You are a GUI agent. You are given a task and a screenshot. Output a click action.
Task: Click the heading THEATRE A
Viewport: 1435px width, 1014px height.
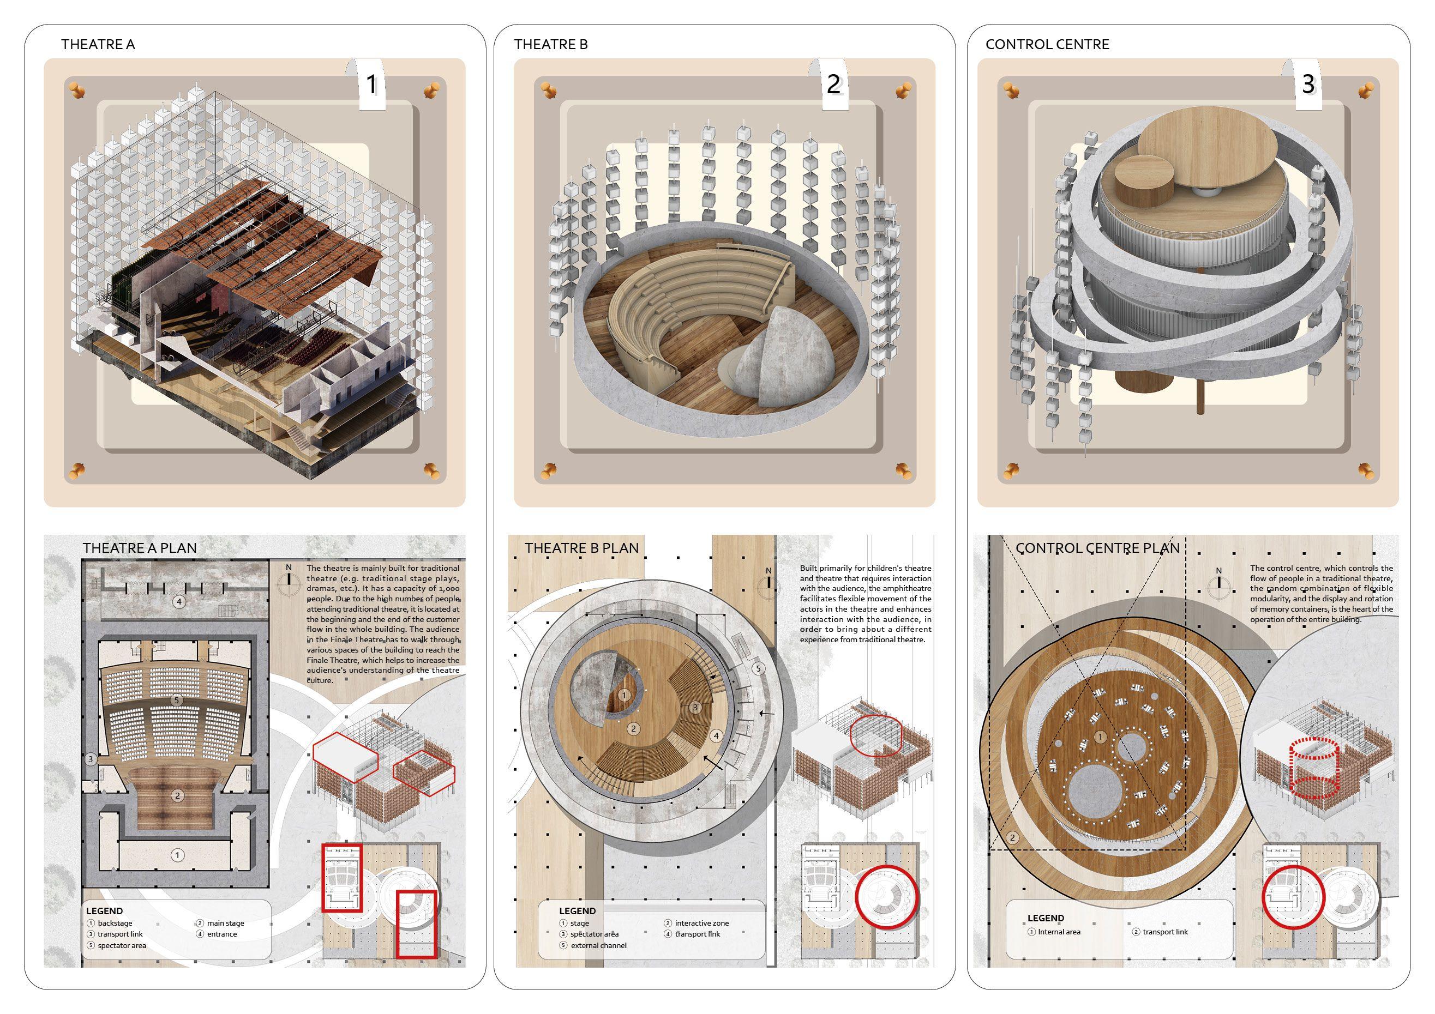point(98,44)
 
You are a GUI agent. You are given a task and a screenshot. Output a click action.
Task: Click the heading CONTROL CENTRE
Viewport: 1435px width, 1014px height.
point(1048,44)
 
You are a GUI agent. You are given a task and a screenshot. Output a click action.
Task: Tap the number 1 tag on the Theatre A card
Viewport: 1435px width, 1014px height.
point(372,84)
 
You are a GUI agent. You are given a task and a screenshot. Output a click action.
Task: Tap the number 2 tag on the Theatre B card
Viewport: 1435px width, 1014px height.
point(833,84)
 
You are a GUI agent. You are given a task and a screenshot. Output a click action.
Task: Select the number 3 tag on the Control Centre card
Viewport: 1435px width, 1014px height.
point(1308,84)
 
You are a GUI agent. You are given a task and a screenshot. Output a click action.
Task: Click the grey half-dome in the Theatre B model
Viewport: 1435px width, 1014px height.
point(762,359)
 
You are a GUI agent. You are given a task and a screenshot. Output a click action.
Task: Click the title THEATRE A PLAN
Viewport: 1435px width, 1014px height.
point(140,548)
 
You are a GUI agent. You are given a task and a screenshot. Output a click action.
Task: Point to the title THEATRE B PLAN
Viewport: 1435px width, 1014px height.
point(581,548)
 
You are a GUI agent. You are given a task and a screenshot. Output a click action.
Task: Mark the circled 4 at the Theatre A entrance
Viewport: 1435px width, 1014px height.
point(180,602)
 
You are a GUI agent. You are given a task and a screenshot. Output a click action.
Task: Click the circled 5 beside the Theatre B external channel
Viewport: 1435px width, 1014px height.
point(758,668)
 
